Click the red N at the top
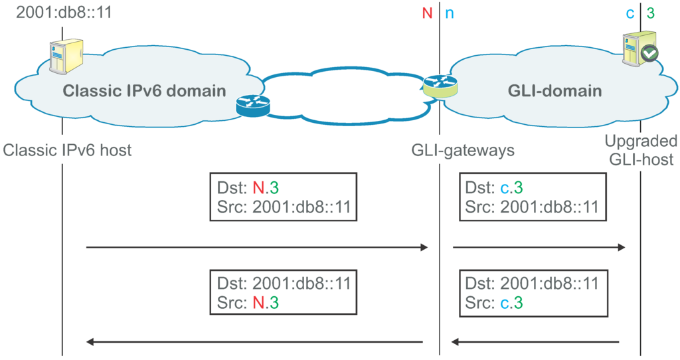click(427, 12)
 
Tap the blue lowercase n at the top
click(450, 12)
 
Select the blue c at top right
click(630, 12)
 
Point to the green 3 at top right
click(651, 12)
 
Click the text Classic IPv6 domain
click(144, 91)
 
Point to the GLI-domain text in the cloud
click(556, 91)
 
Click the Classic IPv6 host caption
click(67, 150)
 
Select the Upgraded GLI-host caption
click(641, 150)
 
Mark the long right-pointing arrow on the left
click(257, 248)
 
